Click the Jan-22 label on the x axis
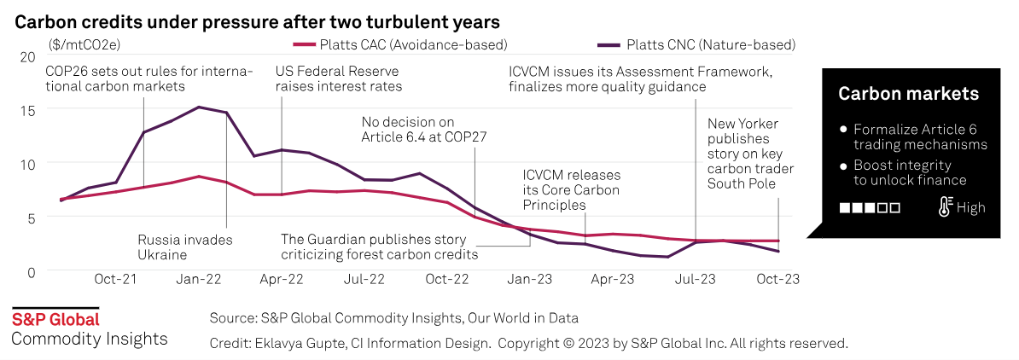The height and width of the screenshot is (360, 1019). (199, 279)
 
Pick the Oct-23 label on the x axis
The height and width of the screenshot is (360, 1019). (779, 279)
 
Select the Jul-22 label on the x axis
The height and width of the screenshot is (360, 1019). (364, 279)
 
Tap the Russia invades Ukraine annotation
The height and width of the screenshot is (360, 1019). (184, 247)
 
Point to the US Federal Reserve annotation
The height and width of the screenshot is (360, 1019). (339, 79)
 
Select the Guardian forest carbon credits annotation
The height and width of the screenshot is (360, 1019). (379, 247)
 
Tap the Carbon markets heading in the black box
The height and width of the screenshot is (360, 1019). (908, 94)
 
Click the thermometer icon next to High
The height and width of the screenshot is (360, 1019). (945, 206)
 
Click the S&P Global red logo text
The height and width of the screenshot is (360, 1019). (55, 320)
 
